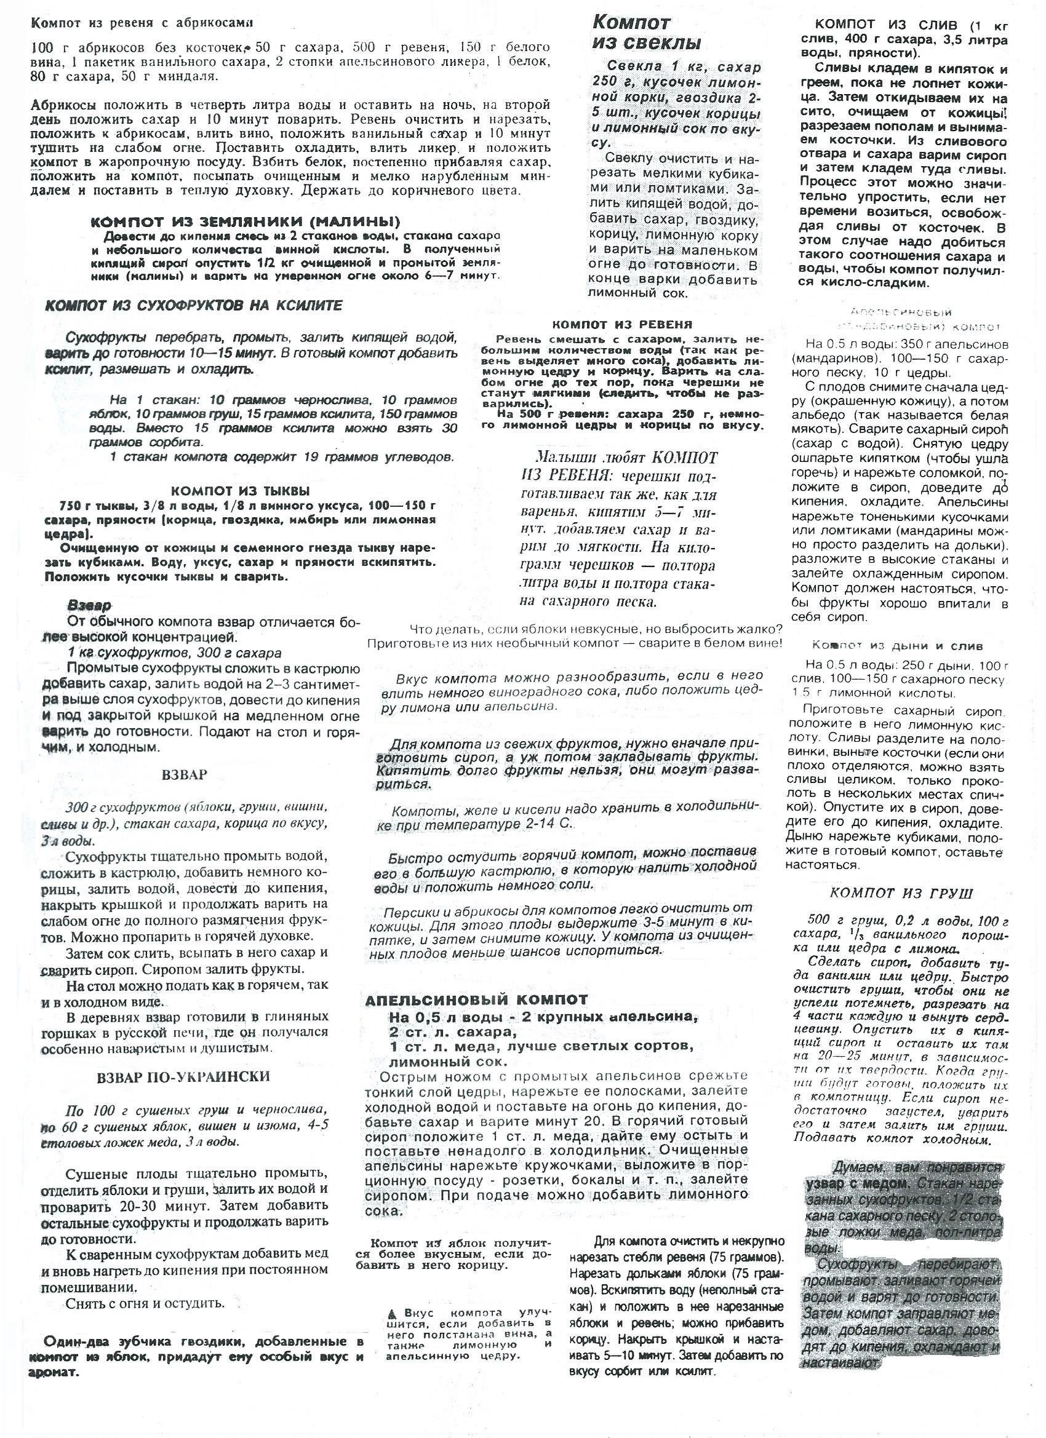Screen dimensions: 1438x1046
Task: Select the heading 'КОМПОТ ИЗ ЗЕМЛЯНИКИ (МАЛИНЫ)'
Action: [246, 222]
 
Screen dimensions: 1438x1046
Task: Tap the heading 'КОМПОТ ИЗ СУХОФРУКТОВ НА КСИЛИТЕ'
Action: [194, 306]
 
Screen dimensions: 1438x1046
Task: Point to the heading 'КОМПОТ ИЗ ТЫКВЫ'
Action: [241, 490]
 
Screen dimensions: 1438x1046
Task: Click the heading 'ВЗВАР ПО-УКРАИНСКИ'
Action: [184, 1076]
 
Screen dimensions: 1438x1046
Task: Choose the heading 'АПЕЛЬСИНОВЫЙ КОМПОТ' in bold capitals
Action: [476, 1000]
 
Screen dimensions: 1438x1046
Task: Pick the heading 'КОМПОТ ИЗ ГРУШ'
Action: [901, 893]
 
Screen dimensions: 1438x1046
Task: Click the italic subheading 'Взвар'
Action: [89, 605]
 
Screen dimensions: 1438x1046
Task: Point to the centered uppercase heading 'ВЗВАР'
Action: [185, 775]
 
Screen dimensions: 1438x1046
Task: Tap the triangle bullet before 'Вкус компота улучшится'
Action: [393, 1313]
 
